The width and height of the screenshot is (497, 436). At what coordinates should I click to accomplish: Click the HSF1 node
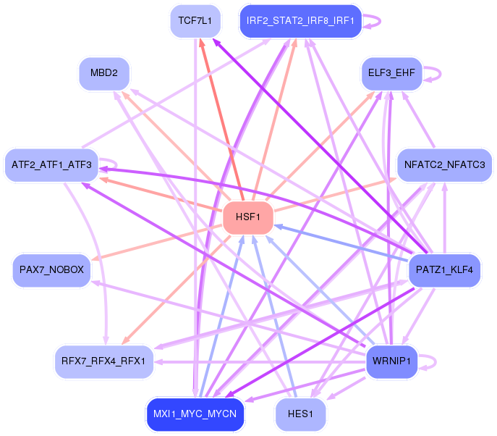[x=248, y=218]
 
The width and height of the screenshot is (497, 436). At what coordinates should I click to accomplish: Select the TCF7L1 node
[x=195, y=20]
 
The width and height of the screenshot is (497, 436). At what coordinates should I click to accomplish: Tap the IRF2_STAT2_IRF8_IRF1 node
[x=300, y=20]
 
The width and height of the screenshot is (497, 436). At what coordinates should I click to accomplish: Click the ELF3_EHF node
[x=391, y=73]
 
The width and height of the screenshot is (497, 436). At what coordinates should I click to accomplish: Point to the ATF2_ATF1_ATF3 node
[x=51, y=166]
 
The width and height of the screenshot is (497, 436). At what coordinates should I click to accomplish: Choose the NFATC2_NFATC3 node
[x=445, y=166]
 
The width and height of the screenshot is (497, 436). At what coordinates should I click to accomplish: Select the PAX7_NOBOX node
[x=51, y=270]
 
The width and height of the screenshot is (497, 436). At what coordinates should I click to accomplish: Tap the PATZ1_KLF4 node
[x=445, y=270]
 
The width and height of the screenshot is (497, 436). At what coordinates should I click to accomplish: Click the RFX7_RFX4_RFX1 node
[x=103, y=361]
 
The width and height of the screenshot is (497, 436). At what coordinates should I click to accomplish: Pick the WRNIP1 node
[x=391, y=361]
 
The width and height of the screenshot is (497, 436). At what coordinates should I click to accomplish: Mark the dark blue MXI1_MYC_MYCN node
[x=195, y=414]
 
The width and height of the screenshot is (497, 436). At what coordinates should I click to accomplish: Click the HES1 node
[x=300, y=414]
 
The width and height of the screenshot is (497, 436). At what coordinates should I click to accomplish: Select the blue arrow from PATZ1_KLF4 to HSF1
[x=340, y=243]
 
